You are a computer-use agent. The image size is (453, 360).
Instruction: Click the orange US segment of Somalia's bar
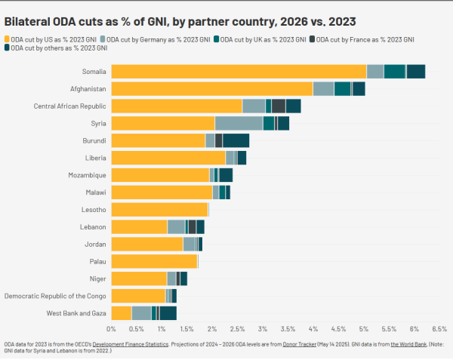(239, 72)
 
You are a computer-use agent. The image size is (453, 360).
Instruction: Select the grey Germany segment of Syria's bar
(239, 123)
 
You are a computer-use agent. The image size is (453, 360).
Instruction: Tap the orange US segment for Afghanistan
(211, 89)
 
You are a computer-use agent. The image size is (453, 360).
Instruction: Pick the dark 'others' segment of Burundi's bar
(236, 140)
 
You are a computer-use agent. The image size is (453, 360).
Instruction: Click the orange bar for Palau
(154, 261)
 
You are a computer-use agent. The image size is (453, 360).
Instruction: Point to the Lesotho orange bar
(159, 209)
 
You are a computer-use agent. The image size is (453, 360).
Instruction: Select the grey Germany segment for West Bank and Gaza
(141, 312)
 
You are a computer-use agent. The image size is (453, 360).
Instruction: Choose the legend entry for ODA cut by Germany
(147, 38)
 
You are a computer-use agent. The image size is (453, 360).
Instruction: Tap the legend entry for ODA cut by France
(362, 38)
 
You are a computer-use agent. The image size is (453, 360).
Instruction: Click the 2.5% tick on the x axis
(238, 329)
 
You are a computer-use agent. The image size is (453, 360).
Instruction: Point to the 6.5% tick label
(439, 329)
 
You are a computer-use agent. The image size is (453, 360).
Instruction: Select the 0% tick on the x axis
(112, 329)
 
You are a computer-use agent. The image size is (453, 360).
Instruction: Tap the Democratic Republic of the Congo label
(55, 295)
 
